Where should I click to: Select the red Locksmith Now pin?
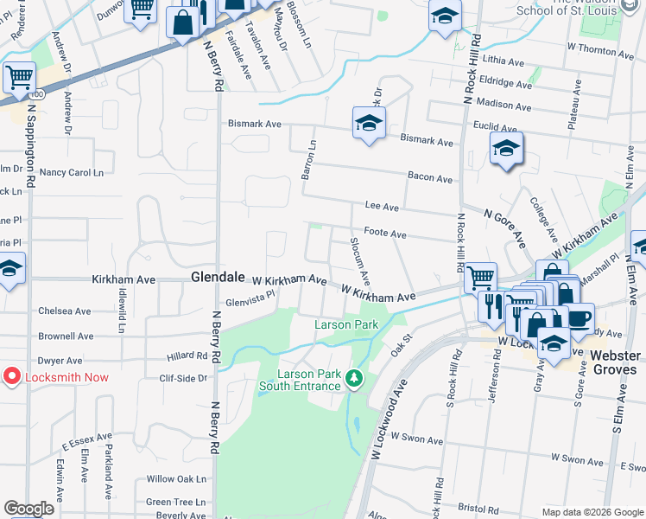click(12, 377)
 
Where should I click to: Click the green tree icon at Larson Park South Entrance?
click(352, 378)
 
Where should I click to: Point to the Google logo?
click(28, 509)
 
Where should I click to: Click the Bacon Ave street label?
click(430, 179)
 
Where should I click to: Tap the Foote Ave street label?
click(384, 234)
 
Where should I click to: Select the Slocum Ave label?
click(359, 261)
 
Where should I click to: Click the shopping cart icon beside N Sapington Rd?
click(19, 78)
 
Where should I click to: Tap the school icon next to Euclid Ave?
click(506, 148)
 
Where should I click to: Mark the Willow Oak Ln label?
click(176, 478)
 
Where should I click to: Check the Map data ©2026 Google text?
click(591, 512)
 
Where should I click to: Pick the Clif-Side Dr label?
click(183, 378)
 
